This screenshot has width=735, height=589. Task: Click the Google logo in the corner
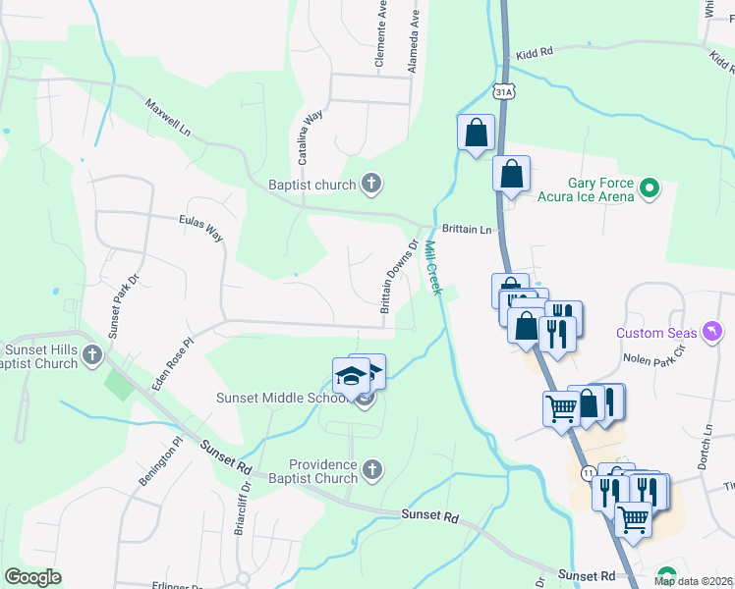32,577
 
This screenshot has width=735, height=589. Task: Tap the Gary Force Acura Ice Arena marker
649,187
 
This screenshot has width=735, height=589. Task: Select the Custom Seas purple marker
713,333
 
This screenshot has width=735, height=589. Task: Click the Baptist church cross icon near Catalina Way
371,183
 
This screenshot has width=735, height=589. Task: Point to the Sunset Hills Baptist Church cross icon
92,355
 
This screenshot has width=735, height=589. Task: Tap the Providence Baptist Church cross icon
371,470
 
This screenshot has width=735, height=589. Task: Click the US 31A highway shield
503,91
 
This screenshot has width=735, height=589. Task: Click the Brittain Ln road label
466,228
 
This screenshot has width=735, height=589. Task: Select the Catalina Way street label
311,137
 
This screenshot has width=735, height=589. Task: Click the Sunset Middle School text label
282,398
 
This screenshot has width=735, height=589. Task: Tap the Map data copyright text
692,581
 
